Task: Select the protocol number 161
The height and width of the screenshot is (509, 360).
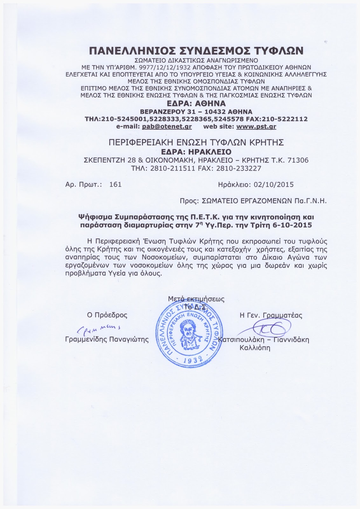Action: [x=115, y=185]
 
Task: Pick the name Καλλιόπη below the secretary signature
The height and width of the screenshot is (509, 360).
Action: [x=254, y=348]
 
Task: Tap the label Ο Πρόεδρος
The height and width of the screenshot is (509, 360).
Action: [x=107, y=315]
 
